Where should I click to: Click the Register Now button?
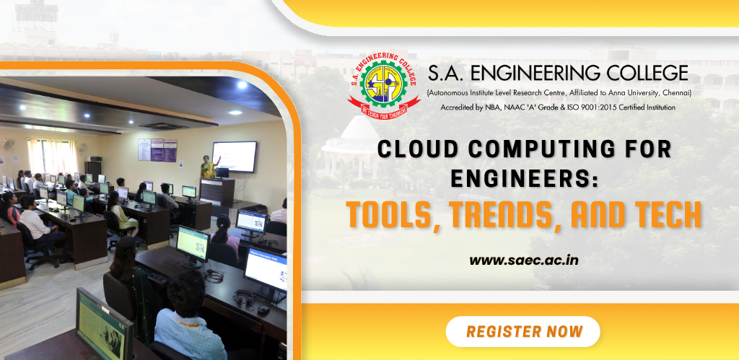(x=522, y=331)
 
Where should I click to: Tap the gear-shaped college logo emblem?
(x=383, y=84)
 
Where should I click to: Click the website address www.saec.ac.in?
(x=524, y=260)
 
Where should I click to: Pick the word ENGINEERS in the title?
(x=524, y=179)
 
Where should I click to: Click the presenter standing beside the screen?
(x=207, y=167)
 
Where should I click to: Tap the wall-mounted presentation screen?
(x=235, y=157)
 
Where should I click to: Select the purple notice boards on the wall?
(x=157, y=150)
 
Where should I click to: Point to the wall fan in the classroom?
(x=8, y=144)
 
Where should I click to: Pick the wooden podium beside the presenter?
(x=217, y=192)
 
